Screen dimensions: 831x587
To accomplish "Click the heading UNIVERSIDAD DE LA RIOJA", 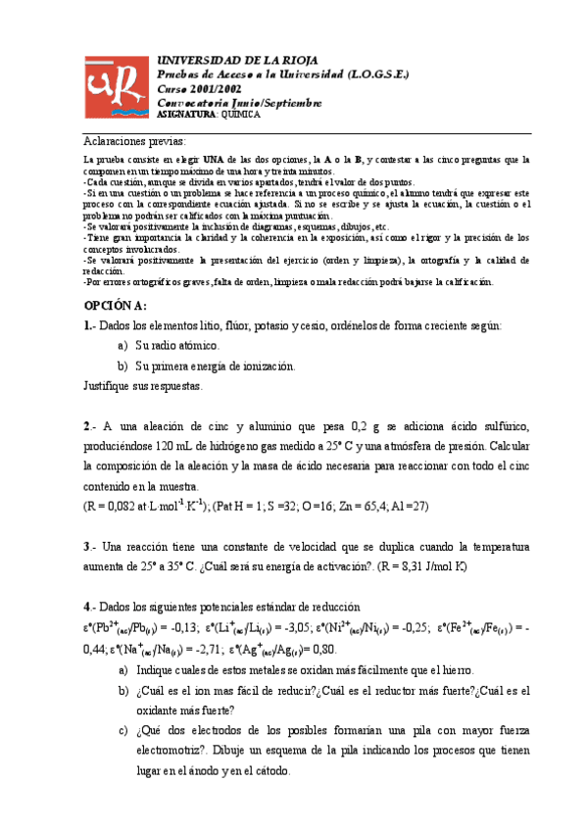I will pos(237,61).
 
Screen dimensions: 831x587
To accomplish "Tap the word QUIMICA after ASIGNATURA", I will pos(241,115).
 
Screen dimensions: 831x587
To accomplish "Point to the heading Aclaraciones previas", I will pos(141,140).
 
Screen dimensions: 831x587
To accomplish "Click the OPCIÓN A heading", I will pos(116,306).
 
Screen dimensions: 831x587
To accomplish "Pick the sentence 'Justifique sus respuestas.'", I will pos(143,386).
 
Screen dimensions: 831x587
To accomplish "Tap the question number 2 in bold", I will pos(87,426).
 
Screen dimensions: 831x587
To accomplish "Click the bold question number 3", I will pos(87,546).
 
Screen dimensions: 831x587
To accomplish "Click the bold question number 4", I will pos(87,607).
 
